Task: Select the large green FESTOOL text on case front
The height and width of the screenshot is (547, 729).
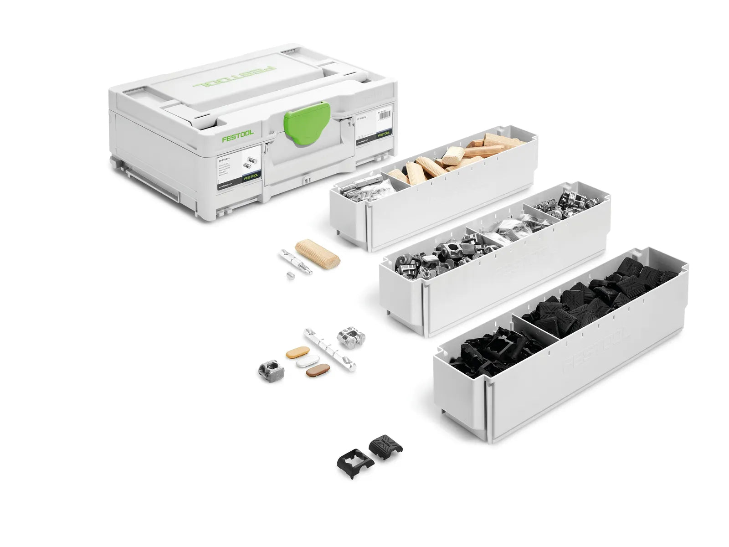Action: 238,136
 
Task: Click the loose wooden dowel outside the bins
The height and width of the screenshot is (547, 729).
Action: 318,254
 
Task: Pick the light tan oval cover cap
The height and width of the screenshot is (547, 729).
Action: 298,353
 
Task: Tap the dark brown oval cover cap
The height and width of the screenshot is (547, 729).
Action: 318,371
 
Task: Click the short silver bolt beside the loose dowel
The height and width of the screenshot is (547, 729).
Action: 296,262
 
